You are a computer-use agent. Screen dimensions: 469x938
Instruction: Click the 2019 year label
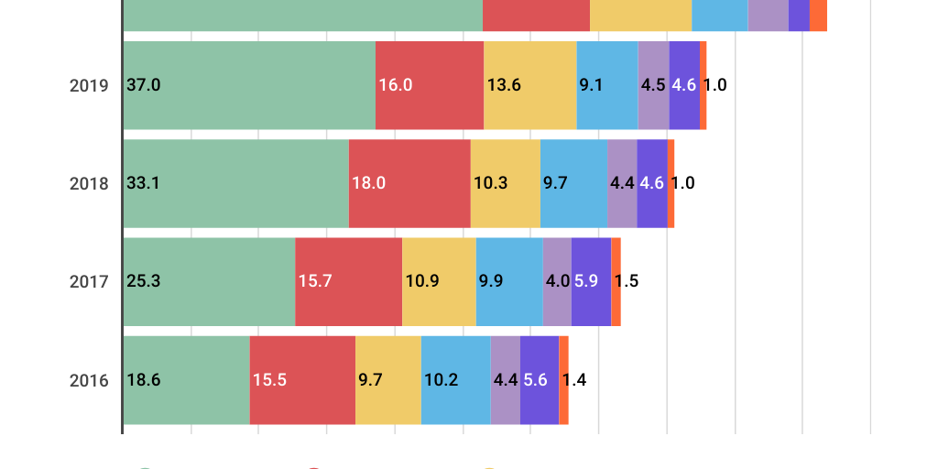[x=89, y=85]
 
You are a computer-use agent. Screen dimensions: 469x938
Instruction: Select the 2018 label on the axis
[x=89, y=183]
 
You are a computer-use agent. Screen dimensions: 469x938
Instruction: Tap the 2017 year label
[x=89, y=282]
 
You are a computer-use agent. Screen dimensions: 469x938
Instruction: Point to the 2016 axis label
[x=89, y=380]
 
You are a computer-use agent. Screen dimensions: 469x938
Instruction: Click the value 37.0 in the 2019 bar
[x=144, y=85]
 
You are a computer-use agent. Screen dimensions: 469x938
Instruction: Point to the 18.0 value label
[x=369, y=183]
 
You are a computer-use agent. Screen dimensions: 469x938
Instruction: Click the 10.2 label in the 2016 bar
[x=442, y=380]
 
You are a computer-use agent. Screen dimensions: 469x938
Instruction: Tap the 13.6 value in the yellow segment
[x=504, y=85]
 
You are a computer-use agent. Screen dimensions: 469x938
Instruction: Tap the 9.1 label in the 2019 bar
[x=591, y=85]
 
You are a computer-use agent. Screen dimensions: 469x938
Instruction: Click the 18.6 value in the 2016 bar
[x=144, y=380]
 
